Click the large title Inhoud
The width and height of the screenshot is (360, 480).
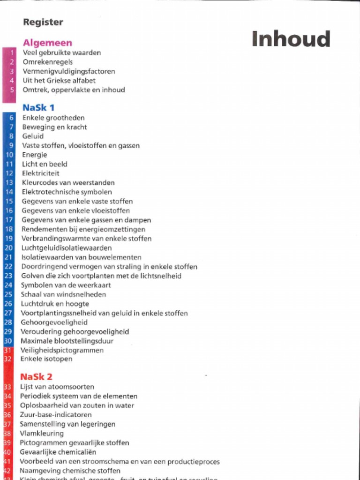(x=291, y=39)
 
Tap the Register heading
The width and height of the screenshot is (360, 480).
(x=43, y=22)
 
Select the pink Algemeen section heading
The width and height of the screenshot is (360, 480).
(x=47, y=43)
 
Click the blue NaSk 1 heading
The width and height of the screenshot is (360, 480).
(x=38, y=107)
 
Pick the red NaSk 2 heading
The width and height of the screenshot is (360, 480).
(x=36, y=376)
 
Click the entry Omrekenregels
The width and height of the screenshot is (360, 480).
(x=47, y=62)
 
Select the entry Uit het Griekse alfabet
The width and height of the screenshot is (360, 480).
(x=59, y=81)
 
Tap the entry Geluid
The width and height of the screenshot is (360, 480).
(x=33, y=136)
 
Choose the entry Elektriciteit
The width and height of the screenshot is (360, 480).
(x=41, y=173)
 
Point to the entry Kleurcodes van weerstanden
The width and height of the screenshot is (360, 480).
(x=68, y=183)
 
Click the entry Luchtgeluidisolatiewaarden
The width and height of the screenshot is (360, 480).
(x=67, y=248)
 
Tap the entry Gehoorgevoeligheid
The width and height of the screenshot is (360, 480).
(x=54, y=322)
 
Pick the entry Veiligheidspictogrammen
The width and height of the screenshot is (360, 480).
(x=62, y=350)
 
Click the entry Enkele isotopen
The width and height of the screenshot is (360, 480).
(x=46, y=359)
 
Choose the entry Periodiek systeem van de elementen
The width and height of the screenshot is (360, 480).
(x=79, y=396)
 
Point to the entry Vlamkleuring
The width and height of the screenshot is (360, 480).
(x=42, y=434)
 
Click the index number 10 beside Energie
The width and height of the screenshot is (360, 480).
(x=9, y=155)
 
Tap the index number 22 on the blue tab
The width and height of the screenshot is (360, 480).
(x=8, y=267)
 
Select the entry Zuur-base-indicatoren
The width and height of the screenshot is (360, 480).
(x=56, y=415)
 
